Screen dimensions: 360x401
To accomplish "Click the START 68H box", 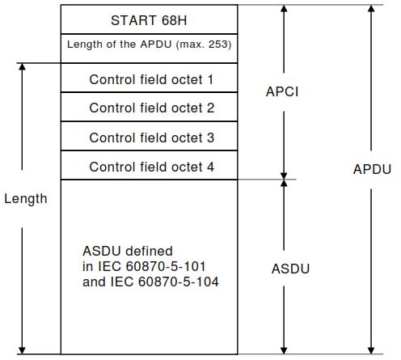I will click(150, 19).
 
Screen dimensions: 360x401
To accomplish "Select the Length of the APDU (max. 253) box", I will click(150, 45).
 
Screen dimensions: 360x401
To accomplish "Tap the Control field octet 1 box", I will click(151, 79).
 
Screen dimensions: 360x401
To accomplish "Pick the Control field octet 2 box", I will click(151, 108).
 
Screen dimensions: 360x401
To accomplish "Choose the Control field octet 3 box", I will click(151, 138).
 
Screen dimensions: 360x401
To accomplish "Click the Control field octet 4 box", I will click(151, 167).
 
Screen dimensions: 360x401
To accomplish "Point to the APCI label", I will click(282, 91).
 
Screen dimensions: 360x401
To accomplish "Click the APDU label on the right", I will click(372, 170).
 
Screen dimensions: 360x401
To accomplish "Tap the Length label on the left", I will click(25, 198).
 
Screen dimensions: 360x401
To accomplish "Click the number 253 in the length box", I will click(217, 45).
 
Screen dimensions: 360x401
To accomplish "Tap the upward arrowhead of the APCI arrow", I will click(284, 10).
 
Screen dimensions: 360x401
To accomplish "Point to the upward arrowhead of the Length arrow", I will click(23, 68).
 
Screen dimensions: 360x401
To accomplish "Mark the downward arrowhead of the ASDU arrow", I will click(284, 349).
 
